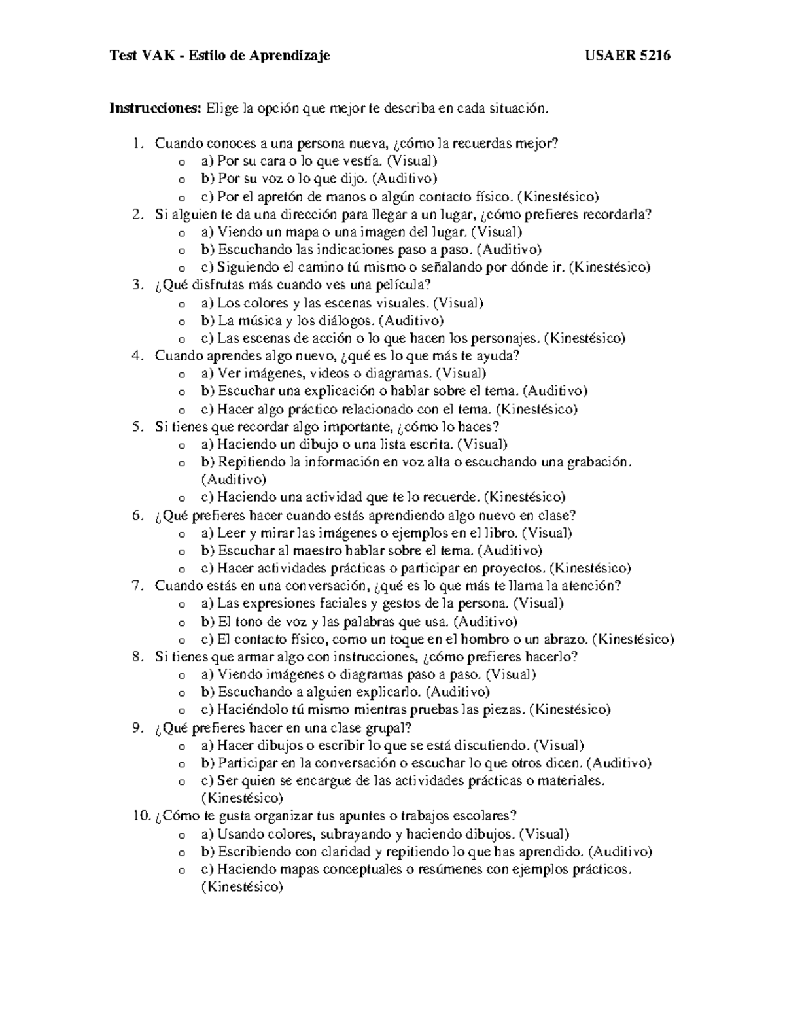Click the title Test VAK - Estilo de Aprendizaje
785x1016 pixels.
[x=220, y=56]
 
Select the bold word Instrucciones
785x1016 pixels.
[x=156, y=108]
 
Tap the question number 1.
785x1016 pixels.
[x=137, y=143]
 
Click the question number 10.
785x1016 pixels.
[x=141, y=815]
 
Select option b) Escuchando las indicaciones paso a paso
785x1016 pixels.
[x=372, y=249]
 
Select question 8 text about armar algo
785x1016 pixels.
[x=366, y=657]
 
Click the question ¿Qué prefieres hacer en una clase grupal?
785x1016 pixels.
[x=283, y=727]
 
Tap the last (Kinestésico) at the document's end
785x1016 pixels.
[x=242, y=887]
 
